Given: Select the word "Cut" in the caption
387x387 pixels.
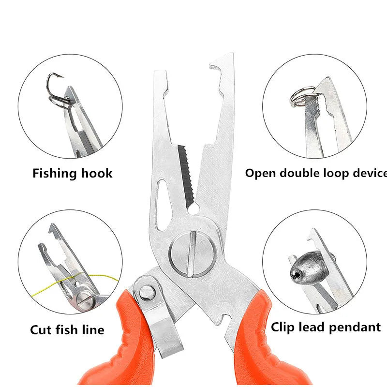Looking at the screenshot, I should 40,330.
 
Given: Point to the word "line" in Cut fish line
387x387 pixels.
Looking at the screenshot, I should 93,330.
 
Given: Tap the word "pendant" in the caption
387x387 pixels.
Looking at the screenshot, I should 357,327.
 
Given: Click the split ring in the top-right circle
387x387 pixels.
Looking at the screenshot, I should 299,95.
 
